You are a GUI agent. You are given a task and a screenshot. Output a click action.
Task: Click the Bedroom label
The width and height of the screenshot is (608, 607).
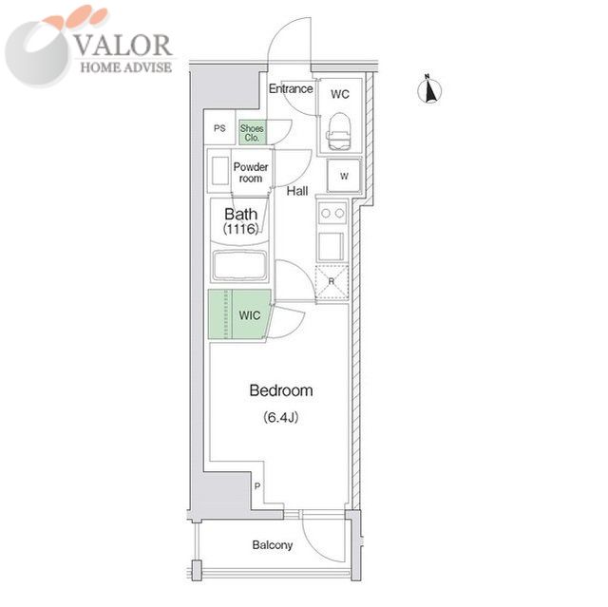(x=281, y=390)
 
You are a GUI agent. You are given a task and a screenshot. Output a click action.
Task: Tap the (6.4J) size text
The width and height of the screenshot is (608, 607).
(x=281, y=417)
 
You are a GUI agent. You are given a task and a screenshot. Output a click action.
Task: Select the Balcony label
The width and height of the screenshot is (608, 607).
(x=273, y=545)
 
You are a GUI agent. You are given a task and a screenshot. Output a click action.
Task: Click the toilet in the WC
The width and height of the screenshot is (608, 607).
(x=340, y=131)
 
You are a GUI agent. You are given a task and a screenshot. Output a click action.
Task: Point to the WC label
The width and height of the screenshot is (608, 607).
(x=340, y=94)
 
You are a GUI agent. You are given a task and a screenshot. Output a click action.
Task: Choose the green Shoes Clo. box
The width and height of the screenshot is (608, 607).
(x=253, y=132)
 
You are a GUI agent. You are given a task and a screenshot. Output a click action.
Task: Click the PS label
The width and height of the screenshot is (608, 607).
(x=219, y=128)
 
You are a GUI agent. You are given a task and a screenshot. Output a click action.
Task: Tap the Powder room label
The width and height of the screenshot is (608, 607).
(x=251, y=173)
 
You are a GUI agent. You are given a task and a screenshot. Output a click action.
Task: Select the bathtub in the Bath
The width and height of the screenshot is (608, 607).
(x=240, y=265)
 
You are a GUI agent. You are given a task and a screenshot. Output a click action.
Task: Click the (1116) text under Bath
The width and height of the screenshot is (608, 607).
(x=240, y=229)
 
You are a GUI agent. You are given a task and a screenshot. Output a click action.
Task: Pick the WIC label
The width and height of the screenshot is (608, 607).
(x=249, y=315)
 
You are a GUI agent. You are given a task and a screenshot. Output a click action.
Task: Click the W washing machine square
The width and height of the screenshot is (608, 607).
(x=344, y=176)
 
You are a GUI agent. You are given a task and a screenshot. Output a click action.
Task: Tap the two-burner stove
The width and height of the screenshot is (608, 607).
(x=332, y=213)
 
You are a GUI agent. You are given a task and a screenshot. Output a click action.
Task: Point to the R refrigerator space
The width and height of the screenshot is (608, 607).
(x=332, y=282)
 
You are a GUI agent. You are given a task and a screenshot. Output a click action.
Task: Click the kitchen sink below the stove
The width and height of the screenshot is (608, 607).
(x=331, y=247)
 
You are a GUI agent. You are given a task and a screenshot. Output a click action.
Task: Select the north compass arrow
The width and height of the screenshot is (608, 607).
(x=429, y=90)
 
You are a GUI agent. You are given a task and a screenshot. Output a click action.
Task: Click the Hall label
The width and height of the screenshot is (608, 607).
(x=297, y=191)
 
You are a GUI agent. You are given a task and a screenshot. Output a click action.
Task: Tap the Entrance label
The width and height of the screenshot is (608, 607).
(x=291, y=88)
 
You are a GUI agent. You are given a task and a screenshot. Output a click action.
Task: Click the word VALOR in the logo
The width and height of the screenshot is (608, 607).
(x=123, y=46)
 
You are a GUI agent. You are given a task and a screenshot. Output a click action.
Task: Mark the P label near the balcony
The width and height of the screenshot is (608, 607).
(x=257, y=486)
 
